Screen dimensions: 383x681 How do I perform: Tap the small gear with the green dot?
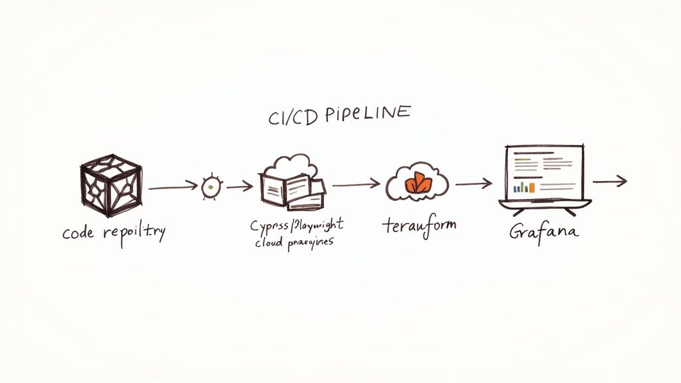point(210,188)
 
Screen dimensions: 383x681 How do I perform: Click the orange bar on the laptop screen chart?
point(515,188)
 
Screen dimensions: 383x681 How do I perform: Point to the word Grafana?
point(544,232)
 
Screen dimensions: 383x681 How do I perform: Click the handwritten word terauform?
point(420,225)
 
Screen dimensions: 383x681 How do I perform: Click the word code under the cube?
point(78,233)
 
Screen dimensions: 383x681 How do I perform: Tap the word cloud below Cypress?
point(269,243)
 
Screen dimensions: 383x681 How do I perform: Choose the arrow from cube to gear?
point(172,188)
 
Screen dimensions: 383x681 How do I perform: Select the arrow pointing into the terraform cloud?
point(356,184)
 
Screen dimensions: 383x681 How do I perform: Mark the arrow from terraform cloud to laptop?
point(474,184)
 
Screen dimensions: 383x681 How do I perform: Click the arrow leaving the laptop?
point(609,180)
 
